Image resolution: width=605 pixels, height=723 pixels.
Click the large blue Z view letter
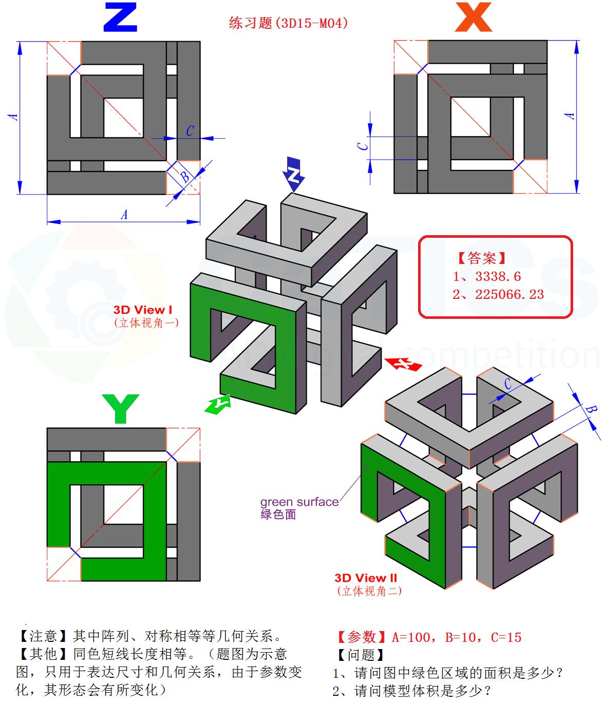click(120, 17)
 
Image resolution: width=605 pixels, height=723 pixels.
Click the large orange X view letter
click(473, 18)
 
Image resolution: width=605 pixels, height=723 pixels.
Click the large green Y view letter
click(120, 409)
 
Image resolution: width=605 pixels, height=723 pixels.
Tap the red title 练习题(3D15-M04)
click(288, 23)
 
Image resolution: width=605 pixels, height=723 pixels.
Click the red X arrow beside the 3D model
click(403, 364)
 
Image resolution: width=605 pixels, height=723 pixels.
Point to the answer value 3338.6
click(498, 277)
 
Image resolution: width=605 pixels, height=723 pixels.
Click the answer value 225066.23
click(509, 294)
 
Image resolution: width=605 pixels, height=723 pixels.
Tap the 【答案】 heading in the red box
click(481, 258)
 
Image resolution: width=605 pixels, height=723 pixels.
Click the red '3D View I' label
click(143, 310)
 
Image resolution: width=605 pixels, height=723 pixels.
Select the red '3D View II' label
click(366, 578)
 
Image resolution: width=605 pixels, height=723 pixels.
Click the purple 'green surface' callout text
click(299, 502)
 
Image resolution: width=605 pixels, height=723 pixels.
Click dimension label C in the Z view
click(190, 131)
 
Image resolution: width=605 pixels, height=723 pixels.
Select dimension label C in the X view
click(364, 146)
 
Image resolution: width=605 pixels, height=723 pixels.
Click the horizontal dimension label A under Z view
click(124, 214)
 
